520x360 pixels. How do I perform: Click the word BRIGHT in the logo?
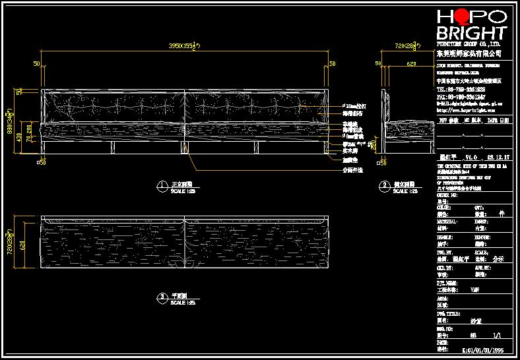pos(471,33)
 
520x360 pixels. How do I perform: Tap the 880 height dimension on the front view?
pos(11,123)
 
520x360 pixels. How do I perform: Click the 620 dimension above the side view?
pos(411,64)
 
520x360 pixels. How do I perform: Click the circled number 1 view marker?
pos(161,187)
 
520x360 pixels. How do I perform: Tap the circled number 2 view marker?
pos(384,187)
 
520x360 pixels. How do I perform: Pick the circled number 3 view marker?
pos(161,298)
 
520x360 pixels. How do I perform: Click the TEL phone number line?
pos(461,89)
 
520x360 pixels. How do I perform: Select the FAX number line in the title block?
pos(461,97)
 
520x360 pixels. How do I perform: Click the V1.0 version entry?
pos(469,158)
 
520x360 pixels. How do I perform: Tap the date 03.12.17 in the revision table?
pos(494,158)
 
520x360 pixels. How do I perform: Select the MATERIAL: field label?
pos(449,222)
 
